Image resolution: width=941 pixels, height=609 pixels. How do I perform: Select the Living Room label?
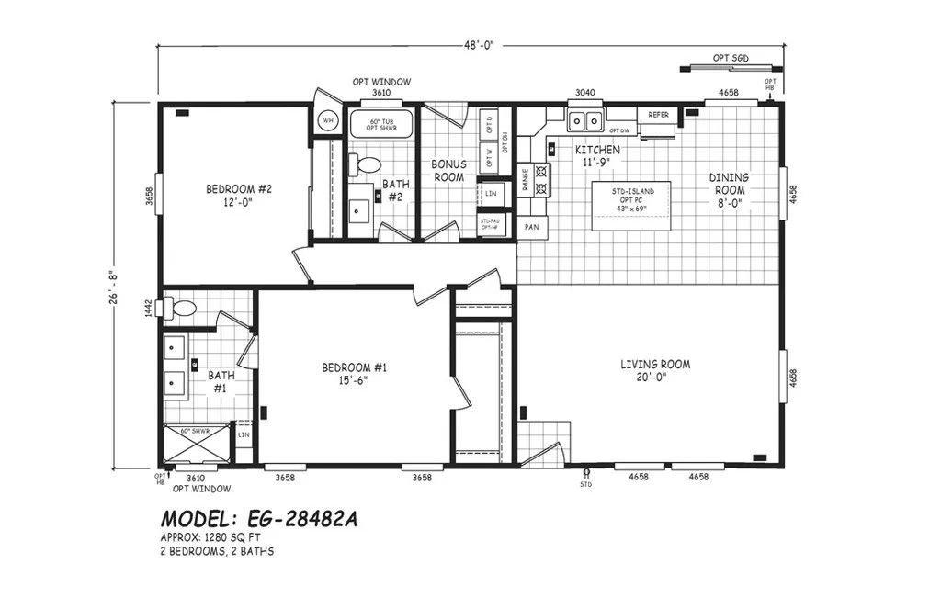pyautogui.click(x=654, y=370)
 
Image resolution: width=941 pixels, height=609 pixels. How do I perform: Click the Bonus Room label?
pyautogui.click(x=448, y=170)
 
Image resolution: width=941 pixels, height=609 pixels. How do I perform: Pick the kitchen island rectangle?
pyautogui.click(x=630, y=206)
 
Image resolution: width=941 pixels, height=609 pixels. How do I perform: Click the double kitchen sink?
pyautogui.click(x=584, y=119)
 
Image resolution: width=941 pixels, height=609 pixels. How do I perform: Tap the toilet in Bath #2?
pyautogui.click(x=369, y=165)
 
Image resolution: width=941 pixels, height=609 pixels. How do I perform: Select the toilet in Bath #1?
pyautogui.click(x=181, y=309)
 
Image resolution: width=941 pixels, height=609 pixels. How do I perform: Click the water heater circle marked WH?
pyautogui.click(x=328, y=120)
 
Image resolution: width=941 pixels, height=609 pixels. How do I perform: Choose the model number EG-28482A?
pyautogui.click(x=259, y=519)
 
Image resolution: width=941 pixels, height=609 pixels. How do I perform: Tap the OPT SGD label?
pyautogui.click(x=731, y=58)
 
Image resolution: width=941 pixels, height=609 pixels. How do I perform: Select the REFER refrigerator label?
pyautogui.click(x=658, y=115)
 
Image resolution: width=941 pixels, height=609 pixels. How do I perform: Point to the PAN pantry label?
pyautogui.click(x=531, y=226)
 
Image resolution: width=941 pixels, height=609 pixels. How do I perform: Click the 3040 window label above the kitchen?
pyautogui.click(x=585, y=92)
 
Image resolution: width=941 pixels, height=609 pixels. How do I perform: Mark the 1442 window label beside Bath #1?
pyautogui.click(x=148, y=310)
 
